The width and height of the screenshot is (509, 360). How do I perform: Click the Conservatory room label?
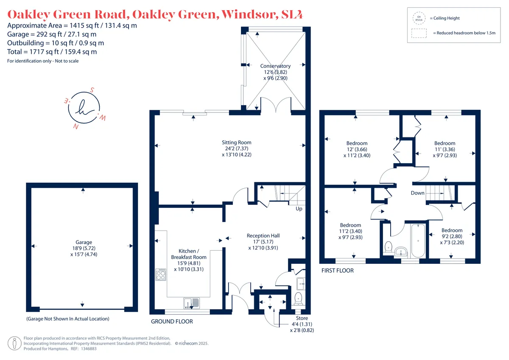(275, 72)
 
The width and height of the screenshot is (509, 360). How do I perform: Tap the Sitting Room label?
(237, 148)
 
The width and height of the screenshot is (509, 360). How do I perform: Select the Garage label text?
(84, 248)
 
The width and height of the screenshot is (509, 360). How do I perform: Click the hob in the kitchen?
(161, 274)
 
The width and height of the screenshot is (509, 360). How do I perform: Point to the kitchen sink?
(192, 303)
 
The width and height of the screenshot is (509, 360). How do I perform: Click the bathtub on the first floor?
(418, 240)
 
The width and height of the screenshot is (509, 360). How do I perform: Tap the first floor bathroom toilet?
(389, 247)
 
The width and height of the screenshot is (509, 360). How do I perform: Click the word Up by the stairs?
(299, 209)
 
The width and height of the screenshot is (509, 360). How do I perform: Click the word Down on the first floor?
(418, 193)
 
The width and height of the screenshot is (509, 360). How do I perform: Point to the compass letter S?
(92, 90)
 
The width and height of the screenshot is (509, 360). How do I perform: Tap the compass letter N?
(76, 126)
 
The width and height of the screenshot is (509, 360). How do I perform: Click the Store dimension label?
(302, 324)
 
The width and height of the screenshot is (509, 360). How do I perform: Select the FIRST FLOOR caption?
(338, 271)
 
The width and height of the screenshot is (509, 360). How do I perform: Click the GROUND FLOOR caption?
(172, 321)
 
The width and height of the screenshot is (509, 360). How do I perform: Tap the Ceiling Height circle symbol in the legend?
(419, 18)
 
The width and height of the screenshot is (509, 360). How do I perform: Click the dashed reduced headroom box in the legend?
(419, 33)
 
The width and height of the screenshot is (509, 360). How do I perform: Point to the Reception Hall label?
(263, 242)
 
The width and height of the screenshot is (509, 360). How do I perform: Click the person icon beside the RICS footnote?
(14, 343)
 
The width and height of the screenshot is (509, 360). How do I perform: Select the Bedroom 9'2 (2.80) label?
(452, 237)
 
